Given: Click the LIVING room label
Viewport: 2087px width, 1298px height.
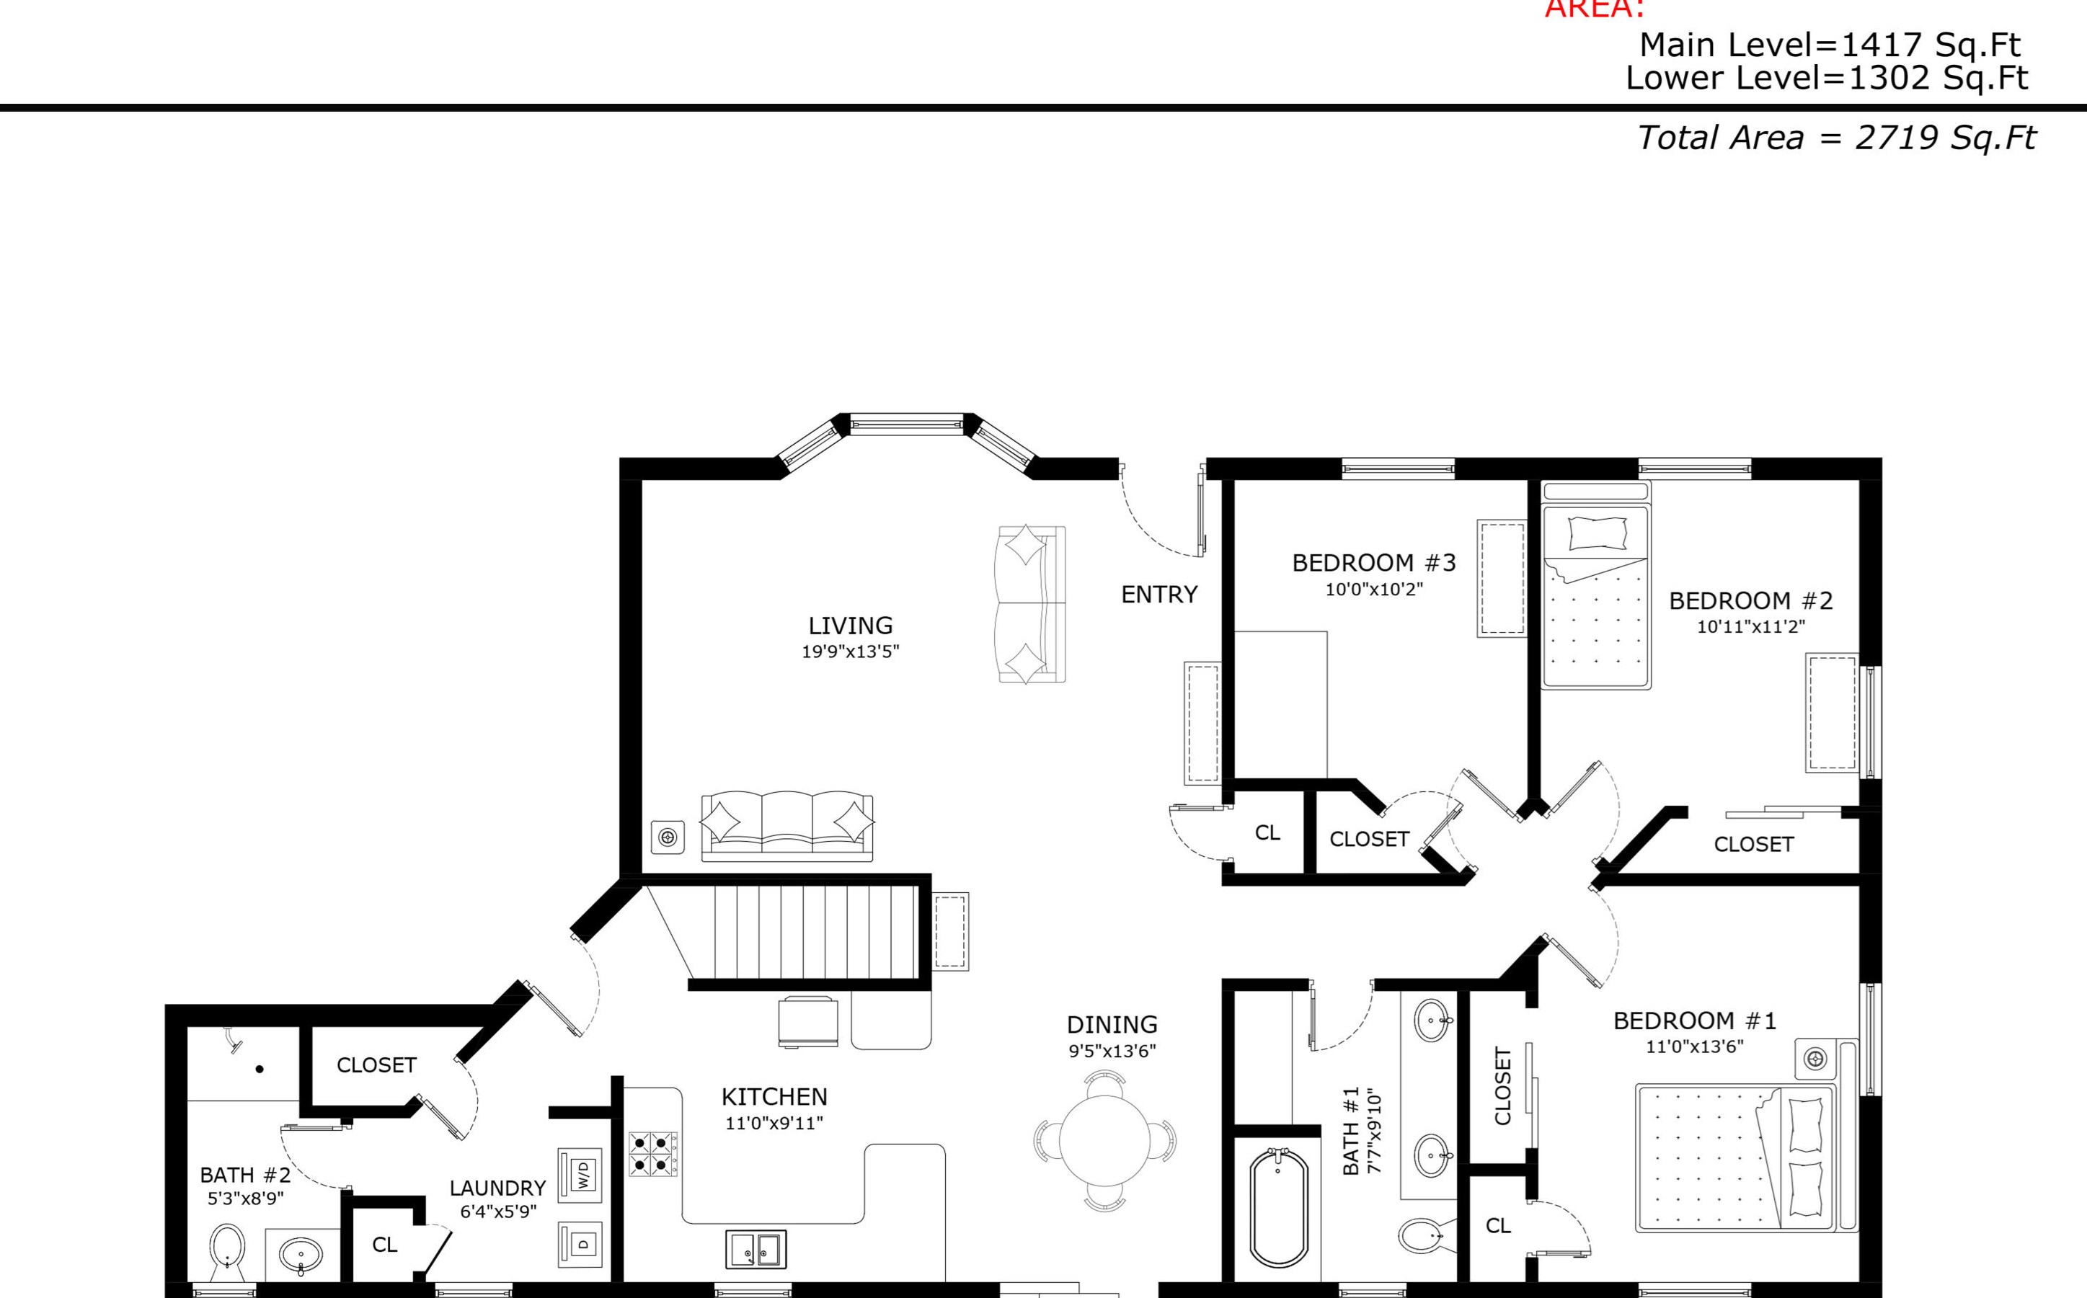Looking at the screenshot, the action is click(x=850, y=625).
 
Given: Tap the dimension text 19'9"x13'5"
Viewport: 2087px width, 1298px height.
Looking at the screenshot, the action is click(x=850, y=652).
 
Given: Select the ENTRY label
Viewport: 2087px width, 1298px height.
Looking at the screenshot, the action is click(x=1159, y=594).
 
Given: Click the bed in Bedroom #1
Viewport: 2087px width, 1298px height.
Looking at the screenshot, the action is click(x=1734, y=1159).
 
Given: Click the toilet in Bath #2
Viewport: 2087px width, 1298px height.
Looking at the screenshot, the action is click(x=228, y=1254).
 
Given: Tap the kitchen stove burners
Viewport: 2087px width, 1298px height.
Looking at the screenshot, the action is click(x=652, y=1154).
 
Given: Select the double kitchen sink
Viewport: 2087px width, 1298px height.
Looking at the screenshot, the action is click(x=756, y=1249).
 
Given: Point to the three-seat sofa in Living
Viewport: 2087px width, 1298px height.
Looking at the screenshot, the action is click(x=787, y=826).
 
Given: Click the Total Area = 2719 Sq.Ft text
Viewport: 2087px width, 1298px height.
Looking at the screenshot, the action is click(x=1836, y=138).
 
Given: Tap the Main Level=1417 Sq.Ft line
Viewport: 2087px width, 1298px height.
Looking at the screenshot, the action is click(x=1830, y=45).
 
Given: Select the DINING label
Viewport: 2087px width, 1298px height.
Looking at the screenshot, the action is click(x=1112, y=1025).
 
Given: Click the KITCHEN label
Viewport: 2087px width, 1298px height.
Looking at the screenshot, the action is click(x=774, y=1097).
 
